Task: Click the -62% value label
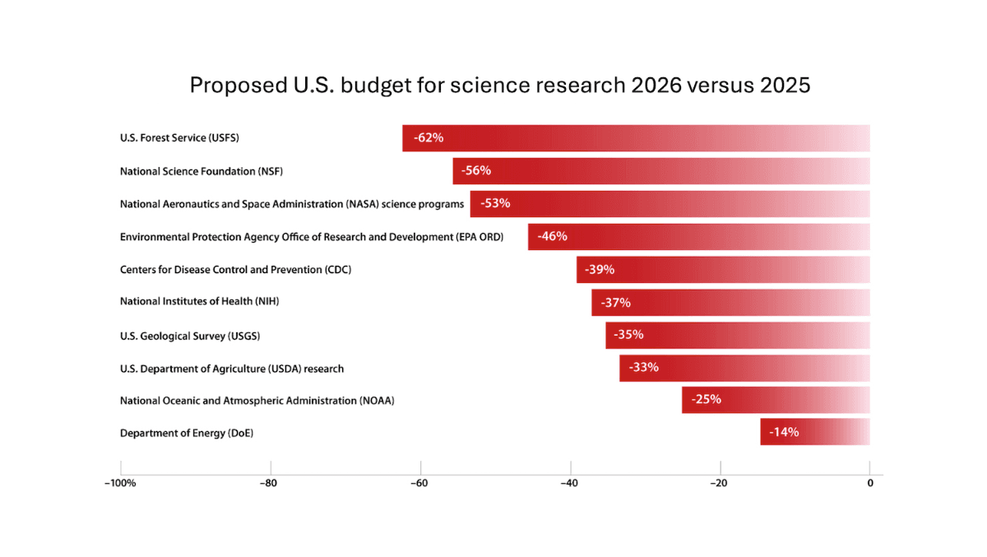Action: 429,138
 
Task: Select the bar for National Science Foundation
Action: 661,171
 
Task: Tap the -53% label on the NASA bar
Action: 495,203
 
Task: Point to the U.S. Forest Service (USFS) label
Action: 179,138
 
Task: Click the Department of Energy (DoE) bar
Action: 815,432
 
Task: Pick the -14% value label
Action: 784,432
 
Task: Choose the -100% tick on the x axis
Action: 120,484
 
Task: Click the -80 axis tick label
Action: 268,484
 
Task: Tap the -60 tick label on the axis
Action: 419,484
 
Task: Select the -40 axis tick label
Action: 569,484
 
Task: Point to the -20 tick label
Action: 719,484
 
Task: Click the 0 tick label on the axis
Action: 870,484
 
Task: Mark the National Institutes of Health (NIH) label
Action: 200,301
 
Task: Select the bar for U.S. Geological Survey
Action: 738,336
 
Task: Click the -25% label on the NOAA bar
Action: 707,399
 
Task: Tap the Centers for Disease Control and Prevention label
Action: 236,270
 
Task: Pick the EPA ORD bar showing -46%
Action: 699,237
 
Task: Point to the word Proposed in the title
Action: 239,86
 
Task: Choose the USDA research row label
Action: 232,369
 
